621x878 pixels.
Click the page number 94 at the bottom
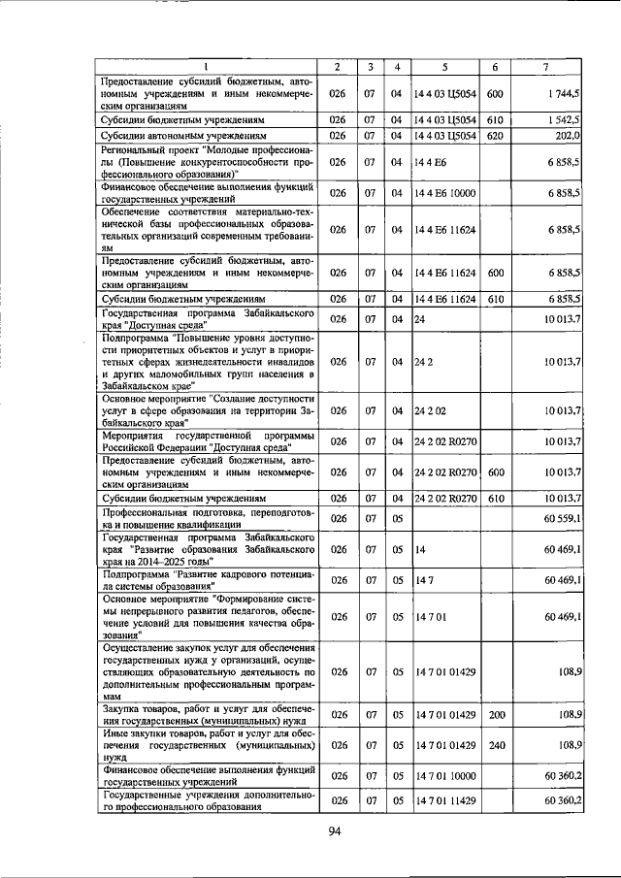[x=336, y=830]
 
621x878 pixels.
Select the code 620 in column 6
[x=494, y=136]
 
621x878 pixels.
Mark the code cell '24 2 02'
[x=432, y=410]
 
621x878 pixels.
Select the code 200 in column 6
[x=494, y=714]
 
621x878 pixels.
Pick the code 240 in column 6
[x=494, y=744]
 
